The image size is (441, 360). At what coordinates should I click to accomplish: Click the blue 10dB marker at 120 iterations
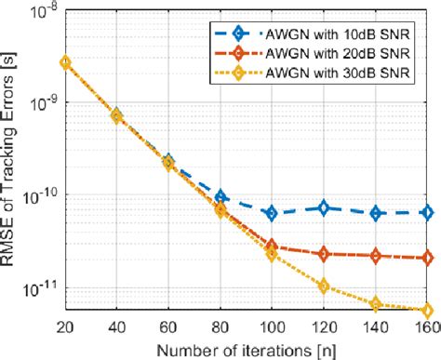point(324,208)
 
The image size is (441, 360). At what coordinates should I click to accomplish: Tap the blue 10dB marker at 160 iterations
point(427,212)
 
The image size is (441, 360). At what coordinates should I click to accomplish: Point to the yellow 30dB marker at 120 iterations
point(324,287)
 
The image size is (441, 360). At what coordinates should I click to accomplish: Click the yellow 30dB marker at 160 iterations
point(427,310)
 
